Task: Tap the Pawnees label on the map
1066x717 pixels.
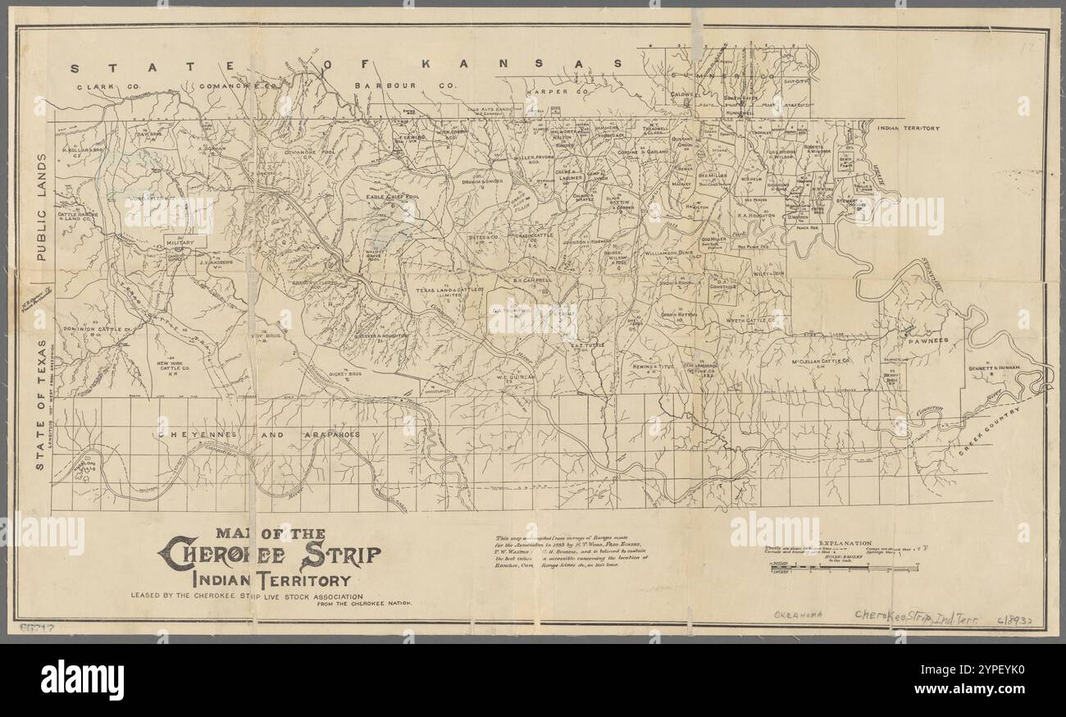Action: (927, 340)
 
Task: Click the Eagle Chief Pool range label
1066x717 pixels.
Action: (392, 198)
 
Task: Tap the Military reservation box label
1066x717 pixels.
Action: (180, 243)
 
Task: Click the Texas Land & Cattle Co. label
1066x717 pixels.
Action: (449, 290)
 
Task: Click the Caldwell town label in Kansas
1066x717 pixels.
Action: (682, 94)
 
